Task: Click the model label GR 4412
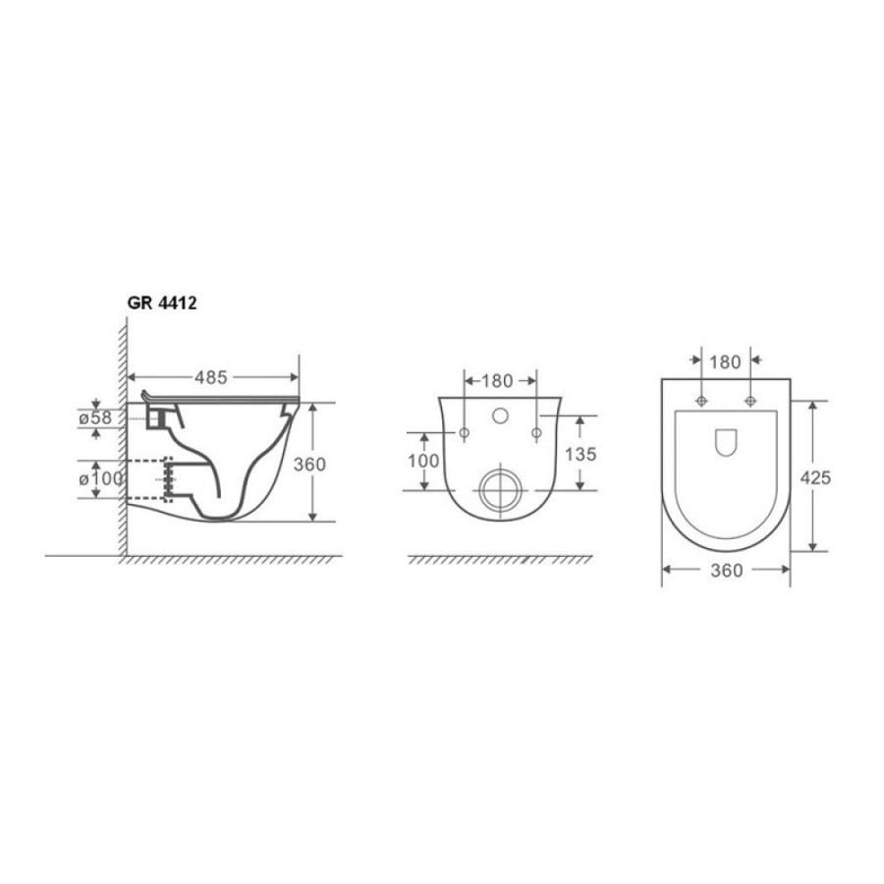click(x=162, y=304)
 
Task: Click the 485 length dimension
click(x=211, y=377)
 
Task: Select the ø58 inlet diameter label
click(x=95, y=417)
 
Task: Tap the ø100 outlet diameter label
click(x=100, y=478)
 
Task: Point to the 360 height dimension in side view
click(x=309, y=464)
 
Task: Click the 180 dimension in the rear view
click(x=497, y=381)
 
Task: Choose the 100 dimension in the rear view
click(x=423, y=461)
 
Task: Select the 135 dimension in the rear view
click(x=580, y=454)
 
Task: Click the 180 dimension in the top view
click(x=725, y=361)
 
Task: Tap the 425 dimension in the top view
click(x=816, y=477)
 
